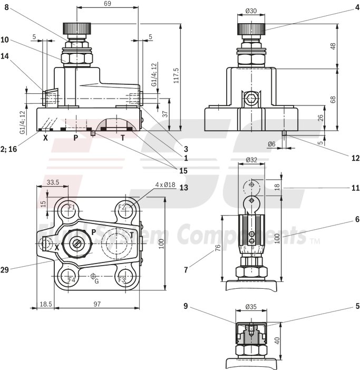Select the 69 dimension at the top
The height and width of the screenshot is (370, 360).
click(107, 4)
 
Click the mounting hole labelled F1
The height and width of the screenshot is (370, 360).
click(71, 207)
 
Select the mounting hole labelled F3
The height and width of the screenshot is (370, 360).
click(122, 279)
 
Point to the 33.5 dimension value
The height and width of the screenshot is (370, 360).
click(53, 182)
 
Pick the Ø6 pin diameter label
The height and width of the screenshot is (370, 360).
click(271, 143)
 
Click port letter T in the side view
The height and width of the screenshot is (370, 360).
click(123, 138)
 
